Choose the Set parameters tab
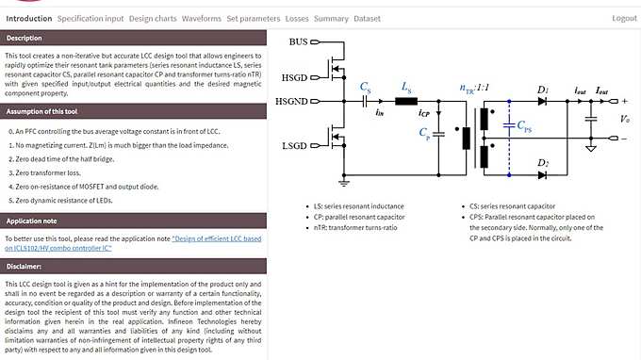click(x=254, y=18)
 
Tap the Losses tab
click(x=297, y=18)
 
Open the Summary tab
click(x=331, y=18)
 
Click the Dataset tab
click(x=368, y=18)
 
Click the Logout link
click(x=624, y=18)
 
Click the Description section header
click(x=25, y=38)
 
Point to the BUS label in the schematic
click(x=298, y=41)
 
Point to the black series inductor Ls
click(x=406, y=101)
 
